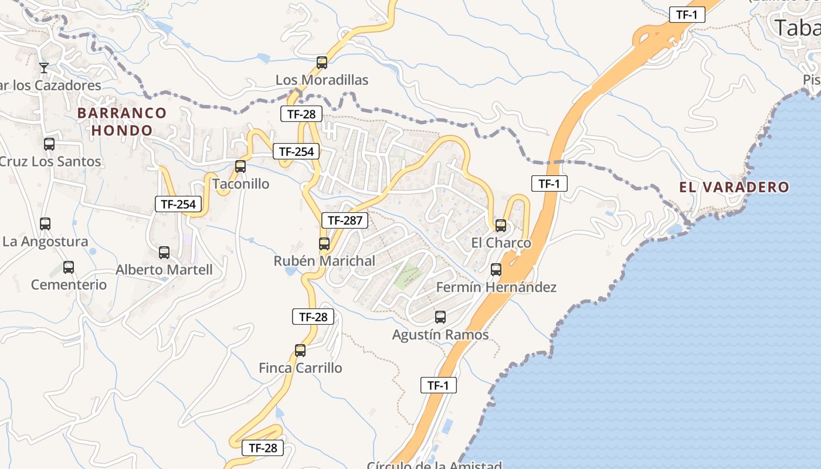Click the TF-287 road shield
pos(345,220)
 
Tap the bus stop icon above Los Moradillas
pos(322,62)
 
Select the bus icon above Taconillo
pos(240,166)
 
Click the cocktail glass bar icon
pos(43,68)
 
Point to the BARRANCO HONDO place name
pos(122,121)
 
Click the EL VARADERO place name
pos(734,188)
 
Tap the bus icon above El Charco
pos(501,225)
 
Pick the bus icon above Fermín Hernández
pos(496,270)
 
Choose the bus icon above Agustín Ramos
pos(440,317)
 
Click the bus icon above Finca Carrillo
pos(300,351)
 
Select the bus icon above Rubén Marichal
pos(324,243)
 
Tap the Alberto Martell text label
pos(164,270)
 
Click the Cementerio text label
pos(69,285)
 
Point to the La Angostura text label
pos(45,242)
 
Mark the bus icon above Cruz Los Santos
pos(49,144)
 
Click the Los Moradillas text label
pos(322,80)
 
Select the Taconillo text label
pos(240,184)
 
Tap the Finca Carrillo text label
pos(300,368)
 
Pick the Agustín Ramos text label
pos(440,335)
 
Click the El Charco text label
pos(501,243)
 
